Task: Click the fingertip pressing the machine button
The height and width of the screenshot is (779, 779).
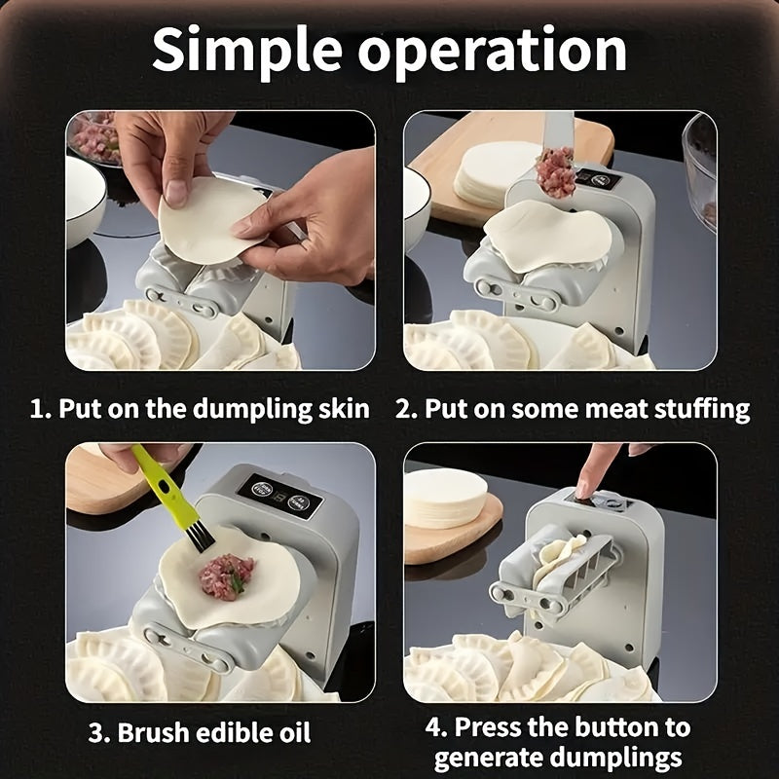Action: pyautogui.click(x=583, y=487)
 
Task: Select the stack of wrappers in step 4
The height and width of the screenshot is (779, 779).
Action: pyautogui.click(x=445, y=497)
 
